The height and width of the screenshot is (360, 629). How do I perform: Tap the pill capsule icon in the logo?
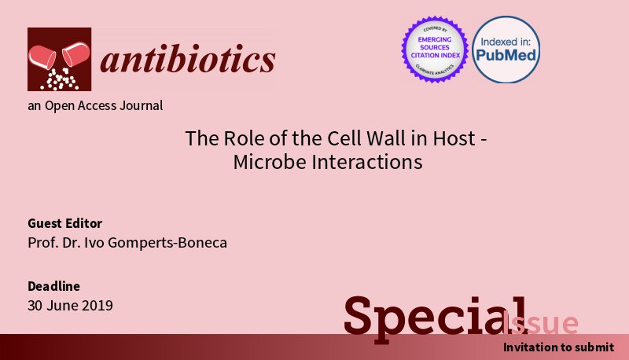(60, 59)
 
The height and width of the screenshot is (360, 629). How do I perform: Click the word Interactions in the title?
(369, 162)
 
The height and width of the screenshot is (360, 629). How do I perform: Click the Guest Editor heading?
(65, 223)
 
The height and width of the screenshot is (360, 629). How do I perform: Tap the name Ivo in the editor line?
(98, 243)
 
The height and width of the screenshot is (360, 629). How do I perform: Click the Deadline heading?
(54, 286)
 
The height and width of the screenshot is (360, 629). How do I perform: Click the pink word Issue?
(543, 323)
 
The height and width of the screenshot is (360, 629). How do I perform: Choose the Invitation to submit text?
(558, 347)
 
